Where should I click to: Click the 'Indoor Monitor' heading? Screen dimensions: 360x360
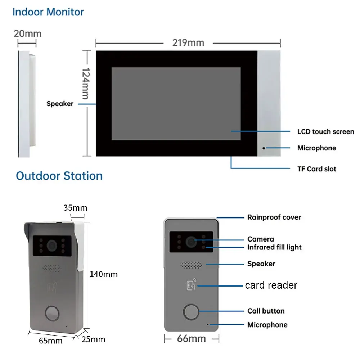point(48,12)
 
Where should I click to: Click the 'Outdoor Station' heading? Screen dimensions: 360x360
point(59,176)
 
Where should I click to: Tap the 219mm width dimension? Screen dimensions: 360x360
point(188,43)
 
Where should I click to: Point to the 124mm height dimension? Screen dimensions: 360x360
point(85,84)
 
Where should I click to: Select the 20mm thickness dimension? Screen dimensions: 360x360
point(27,34)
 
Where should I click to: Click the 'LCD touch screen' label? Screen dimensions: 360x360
point(325,132)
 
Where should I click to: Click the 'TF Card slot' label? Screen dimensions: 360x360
point(317,168)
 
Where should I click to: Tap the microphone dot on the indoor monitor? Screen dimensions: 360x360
point(264,148)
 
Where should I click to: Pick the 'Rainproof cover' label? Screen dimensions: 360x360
point(274,217)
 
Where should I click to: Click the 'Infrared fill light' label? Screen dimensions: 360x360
point(274,247)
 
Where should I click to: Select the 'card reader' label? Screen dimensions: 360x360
point(271,285)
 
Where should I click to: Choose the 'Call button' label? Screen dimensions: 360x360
point(266,311)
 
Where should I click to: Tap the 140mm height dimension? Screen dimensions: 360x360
point(103,274)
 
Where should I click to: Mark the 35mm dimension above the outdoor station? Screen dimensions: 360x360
point(75,208)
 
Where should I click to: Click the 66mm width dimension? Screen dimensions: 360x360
point(192,338)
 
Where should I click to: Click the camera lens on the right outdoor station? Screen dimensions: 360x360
point(190,242)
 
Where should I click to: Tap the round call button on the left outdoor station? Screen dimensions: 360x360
point(53,312)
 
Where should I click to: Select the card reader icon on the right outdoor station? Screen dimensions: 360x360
point(191,285)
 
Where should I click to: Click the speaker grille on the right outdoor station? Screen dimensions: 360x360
point(191,265)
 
